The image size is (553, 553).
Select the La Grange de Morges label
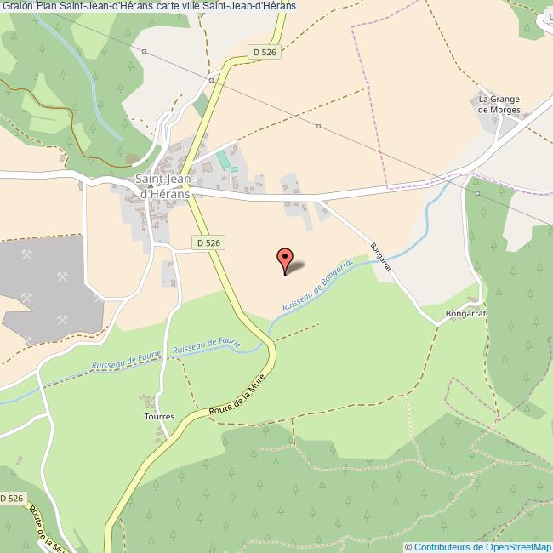[x=499, y=104]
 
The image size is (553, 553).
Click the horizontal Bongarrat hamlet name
[x=465, y=313]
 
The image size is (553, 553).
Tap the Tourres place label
[x=159, y=416]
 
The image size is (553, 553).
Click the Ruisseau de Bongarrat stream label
[x=316, y=287]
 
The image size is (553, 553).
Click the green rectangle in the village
[x=224, y=159]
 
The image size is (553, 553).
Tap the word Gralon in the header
[x=17, y=6]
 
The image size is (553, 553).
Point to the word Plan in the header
[x=48, y=6]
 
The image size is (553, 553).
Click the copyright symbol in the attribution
[x=409, y=547]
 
